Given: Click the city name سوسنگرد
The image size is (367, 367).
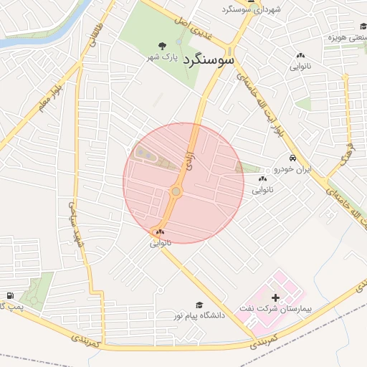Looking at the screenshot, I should (x=209, y=59).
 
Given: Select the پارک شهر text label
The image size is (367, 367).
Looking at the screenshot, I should (x=163, y=56).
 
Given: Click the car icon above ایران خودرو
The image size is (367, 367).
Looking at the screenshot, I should (x=292, y=158).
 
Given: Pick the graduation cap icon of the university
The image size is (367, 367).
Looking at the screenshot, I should (x=199, y=305).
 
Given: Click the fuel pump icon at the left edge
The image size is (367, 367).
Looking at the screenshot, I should (x=9, y=296).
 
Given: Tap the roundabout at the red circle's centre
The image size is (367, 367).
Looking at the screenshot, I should (x=176, y=191).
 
